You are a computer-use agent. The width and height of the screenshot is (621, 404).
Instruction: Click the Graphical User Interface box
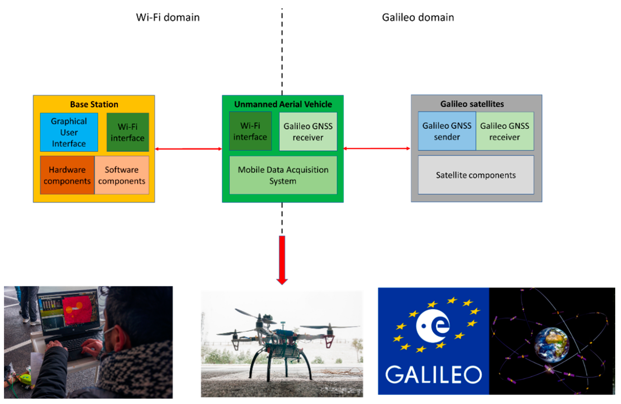coord(69,132)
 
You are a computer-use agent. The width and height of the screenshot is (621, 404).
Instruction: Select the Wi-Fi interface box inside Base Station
coord(128,132)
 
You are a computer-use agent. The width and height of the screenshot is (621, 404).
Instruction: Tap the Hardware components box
coord(67,175)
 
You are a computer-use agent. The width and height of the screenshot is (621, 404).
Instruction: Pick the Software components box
coord(122,175)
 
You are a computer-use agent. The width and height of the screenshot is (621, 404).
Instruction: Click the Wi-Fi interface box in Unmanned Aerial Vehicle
coord(250,131)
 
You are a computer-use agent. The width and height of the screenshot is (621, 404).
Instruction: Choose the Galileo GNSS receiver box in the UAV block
coord(308,132)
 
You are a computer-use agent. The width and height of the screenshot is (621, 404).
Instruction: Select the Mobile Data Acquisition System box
coord(283,175)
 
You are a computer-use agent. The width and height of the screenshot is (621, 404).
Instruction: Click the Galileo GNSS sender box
coord(447,131)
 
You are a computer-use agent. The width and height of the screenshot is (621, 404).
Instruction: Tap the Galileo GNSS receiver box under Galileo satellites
coord(505,131)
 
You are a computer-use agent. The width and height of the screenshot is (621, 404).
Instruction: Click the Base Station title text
coord(94,104)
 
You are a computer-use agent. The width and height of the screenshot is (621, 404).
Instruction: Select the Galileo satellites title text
coord(472,104)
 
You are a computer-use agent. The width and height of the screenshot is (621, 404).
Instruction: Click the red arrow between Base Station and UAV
coord(188,149)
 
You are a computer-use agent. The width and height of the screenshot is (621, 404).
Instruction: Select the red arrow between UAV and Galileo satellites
coord(376,149)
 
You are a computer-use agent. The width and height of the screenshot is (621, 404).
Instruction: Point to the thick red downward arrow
coord(282,259)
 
